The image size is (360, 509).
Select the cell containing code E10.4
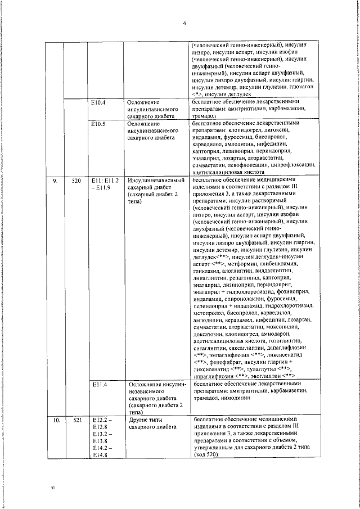(x=98, y=102)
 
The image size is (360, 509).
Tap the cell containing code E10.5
(x=98, y=122)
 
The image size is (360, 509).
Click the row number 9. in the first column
(x=55, y=180)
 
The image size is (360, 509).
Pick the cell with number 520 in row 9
(x=76, y=180)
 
